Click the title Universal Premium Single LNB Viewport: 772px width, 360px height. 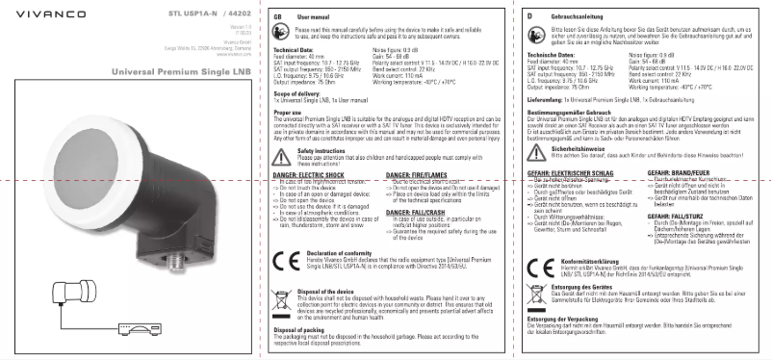pos(171,71)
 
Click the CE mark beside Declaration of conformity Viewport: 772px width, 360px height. pos(281,262)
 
